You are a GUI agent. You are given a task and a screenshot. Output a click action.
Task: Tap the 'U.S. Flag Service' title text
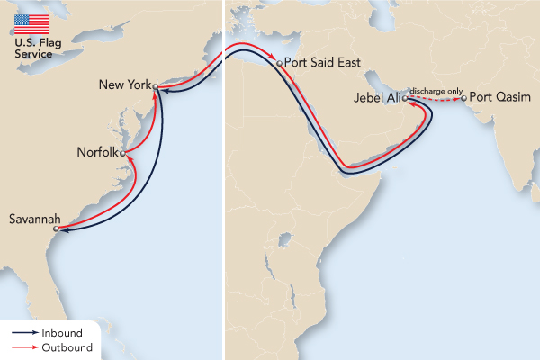coord(32,48)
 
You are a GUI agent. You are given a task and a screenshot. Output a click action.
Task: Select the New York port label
coord(125,85)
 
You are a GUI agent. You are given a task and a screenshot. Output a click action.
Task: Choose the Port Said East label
coord(323,64)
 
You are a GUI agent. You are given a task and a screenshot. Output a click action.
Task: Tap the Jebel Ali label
coord(378,98)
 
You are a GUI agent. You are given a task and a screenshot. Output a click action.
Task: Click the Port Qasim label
coord(499,97)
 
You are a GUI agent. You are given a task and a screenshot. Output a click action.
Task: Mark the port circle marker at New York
coord(156,87)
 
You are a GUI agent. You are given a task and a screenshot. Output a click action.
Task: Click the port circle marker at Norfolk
coord(123,152)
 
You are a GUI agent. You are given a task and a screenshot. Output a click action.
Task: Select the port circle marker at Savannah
coord(56,229)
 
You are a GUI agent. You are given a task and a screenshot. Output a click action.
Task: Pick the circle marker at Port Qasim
coord(464,98)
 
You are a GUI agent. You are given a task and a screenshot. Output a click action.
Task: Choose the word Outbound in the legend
coord(67,346)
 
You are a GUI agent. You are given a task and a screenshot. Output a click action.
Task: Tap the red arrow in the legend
coord(24,346)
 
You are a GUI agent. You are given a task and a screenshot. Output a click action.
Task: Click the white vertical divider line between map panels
coord(223,180)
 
